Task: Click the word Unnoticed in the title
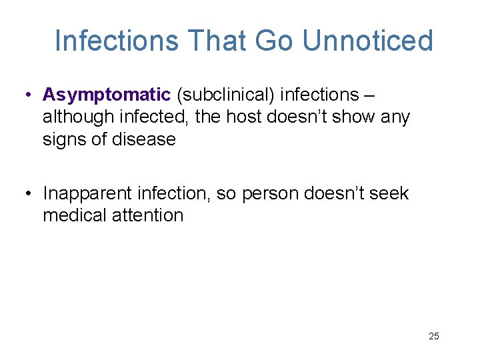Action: pos(367,41)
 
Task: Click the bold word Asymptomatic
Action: pos(107,95)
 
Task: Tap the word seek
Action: pos(389,193)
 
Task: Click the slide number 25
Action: pos(434,336)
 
